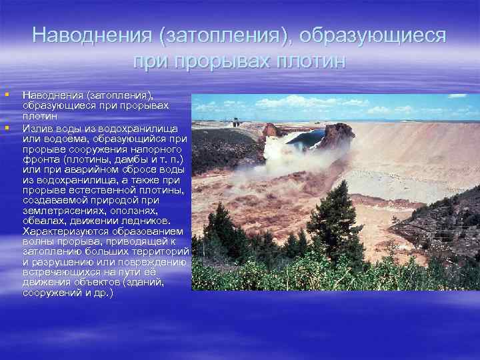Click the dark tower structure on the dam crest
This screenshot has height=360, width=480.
235,123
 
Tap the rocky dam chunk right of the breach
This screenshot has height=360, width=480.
337,136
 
